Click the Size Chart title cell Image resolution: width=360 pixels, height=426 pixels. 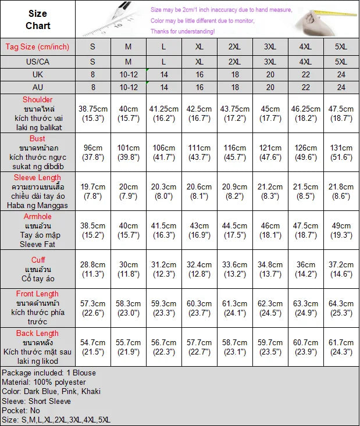pos(38,19)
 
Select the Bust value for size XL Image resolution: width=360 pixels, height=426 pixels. pos(199,153)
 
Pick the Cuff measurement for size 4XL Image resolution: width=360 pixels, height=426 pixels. pos(306,270)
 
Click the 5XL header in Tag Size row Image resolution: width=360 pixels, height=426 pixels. pos(341,47)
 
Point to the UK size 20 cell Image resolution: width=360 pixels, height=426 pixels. pos(270,74)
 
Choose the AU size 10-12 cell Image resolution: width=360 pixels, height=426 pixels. pos(129,87)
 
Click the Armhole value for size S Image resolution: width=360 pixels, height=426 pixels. pos(93,231)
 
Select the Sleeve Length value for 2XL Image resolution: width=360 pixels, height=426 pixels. pos(234,192)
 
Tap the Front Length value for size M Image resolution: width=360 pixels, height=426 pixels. pos(129,309)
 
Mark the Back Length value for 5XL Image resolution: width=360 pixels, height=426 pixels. pos(341,348)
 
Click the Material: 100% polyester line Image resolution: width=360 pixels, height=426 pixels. pos(44,382)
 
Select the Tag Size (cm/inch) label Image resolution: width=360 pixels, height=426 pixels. pos(38,47)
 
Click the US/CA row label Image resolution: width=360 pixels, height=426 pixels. pos(38,61)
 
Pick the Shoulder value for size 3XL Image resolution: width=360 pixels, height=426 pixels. pos(270,114)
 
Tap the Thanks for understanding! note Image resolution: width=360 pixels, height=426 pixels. pos(183,31)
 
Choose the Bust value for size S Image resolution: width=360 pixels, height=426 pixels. pos(93,153)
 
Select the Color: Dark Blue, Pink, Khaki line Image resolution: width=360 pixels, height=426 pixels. pos(51,391)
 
